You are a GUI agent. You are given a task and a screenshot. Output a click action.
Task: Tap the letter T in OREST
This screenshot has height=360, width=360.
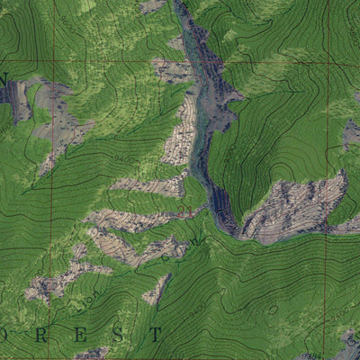[x=157, y=335]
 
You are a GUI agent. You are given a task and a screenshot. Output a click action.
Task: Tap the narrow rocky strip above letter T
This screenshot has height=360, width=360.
[x=157, y=290]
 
